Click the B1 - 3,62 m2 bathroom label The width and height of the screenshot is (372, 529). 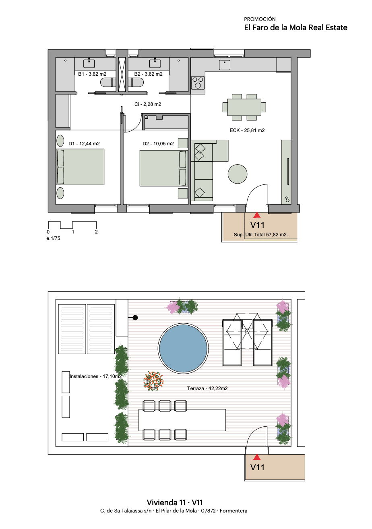92,74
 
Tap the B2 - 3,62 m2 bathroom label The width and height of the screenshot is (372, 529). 148,74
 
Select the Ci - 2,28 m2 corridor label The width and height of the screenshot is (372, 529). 148,104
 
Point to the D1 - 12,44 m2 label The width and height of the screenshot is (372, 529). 84,144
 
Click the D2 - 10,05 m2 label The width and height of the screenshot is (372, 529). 158,144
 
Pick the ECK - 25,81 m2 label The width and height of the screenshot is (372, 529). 247,130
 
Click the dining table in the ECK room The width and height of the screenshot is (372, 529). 244,107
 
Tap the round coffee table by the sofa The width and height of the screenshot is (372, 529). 238,174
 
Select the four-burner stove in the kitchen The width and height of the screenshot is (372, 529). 198,83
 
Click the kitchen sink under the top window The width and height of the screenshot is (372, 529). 224,65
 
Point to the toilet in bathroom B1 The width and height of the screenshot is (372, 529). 108,83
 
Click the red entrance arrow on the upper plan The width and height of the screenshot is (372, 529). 257,215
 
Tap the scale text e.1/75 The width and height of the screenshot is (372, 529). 54,238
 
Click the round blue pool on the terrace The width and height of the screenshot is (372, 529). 183,349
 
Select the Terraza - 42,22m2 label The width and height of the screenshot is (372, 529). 207,388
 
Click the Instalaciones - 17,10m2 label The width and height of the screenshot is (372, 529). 96,376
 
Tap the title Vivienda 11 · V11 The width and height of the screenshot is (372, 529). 175,502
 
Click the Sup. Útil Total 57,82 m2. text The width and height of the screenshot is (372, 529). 261,235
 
